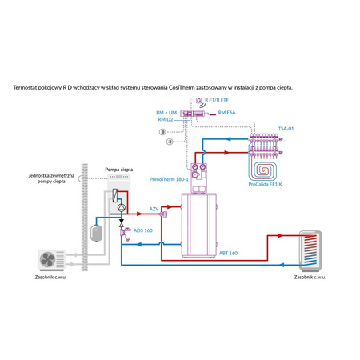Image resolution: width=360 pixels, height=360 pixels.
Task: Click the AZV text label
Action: click(154, 209)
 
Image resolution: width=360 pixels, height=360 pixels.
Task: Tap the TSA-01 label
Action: click(286, 128)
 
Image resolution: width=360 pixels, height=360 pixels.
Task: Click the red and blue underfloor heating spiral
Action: click(264, 165)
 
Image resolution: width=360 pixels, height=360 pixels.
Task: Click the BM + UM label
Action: click(166, 113)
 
